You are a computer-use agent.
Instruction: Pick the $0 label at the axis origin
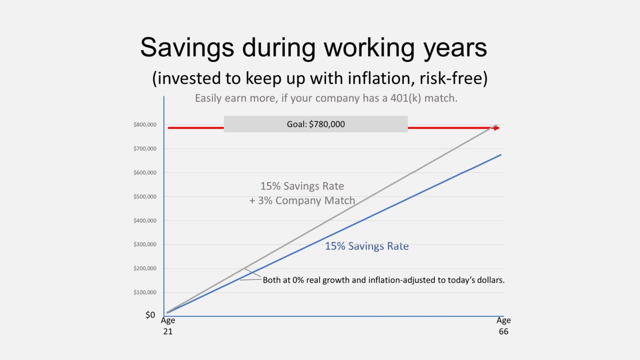pos(150,315)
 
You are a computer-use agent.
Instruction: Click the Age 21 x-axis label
pos(167,326)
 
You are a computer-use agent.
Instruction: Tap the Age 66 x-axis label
pos(503,326)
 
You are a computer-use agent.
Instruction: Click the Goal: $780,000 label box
pos(315,124)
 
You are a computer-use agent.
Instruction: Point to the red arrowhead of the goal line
pos(496,128)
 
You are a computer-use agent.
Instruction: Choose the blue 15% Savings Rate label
pos(366,246)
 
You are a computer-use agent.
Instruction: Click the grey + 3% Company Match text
pos(302,201)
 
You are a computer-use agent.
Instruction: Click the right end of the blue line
pos(500,155)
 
